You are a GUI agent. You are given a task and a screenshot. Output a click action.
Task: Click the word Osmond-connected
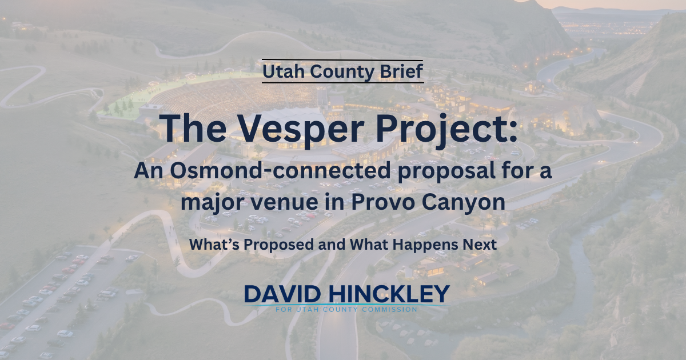point(280,171)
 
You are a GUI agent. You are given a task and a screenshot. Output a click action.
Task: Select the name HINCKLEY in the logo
point(389,294)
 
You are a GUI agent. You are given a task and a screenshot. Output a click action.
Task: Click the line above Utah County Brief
point(342,60)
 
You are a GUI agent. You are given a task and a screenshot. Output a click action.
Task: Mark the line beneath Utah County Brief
point(343,82)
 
